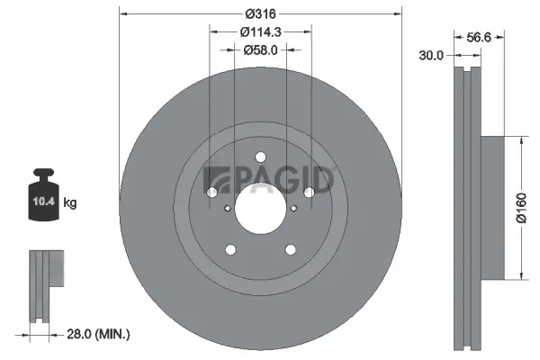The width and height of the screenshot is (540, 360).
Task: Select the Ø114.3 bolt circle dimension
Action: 261,31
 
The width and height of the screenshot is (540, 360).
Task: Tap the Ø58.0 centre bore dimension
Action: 261,50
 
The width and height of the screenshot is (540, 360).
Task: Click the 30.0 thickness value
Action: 432,56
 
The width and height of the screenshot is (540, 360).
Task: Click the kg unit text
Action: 70,203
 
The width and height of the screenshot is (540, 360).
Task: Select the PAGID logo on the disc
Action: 269,180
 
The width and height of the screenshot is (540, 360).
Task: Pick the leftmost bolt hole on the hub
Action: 212,192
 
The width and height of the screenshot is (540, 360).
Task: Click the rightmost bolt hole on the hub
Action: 309,192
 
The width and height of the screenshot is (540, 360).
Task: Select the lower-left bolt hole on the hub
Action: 230,249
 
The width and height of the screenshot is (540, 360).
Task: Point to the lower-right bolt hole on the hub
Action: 290,249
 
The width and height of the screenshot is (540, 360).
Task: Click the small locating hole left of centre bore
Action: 227,209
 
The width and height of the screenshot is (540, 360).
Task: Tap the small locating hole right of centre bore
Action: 294,209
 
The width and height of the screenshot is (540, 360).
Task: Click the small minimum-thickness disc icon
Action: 47,283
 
